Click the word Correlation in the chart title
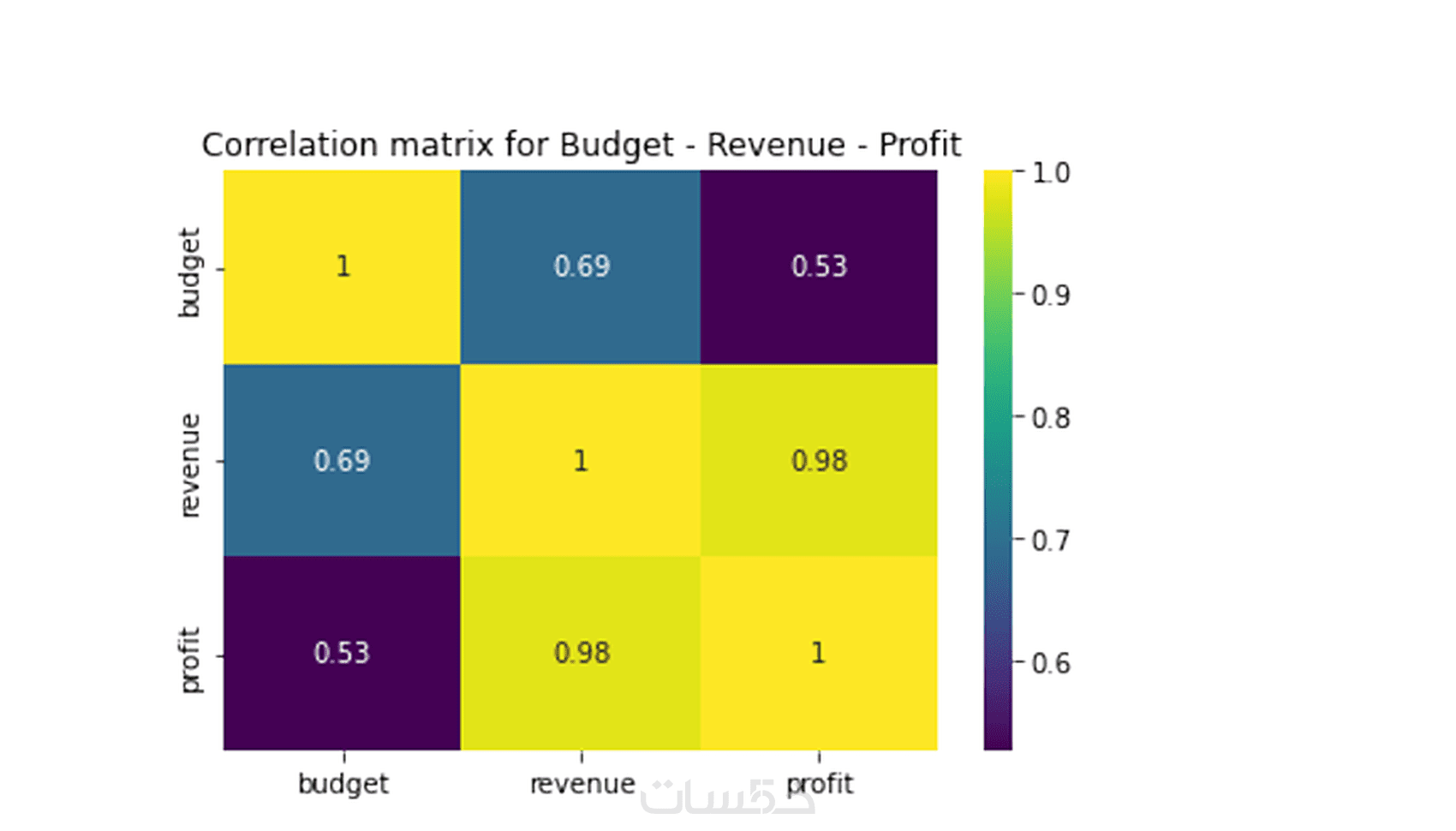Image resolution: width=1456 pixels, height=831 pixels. [x=289, y=145]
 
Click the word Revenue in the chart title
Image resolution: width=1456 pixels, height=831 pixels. [x=775, y=145]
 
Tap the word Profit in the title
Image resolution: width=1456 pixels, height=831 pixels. [x=919, y=145]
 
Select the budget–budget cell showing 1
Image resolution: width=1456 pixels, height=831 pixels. [x=343, y=266]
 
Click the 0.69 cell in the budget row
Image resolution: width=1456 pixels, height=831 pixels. [x=581, y=266]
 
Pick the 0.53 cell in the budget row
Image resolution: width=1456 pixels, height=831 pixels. [x=819, y=266]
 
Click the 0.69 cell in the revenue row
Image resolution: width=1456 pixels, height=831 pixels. [x=342, y=461]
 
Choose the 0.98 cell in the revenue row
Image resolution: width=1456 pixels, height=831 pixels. [x=819, y=461]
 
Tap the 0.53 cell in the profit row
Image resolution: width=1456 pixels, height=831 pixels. [x=342, y=653]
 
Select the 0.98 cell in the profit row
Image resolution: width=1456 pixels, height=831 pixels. [x=581, y=653]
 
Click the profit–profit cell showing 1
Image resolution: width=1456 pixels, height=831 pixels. [x=819, y=653]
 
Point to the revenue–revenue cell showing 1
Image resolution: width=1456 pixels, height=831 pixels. [x=581, y=461]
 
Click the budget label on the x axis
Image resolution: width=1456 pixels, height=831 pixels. [x=343, y=784]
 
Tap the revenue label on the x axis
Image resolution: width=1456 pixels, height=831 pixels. [x=582, y=784]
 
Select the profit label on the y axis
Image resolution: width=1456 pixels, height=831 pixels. [x=189, y=659]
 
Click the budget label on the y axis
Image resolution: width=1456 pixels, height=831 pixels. [x=189, y=272]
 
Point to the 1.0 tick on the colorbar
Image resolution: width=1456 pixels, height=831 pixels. [x=1050, y=173]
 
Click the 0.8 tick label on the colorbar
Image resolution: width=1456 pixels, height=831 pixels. [x=1050, y=418]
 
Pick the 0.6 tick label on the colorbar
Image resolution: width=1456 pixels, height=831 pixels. [x=1050, y=663]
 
